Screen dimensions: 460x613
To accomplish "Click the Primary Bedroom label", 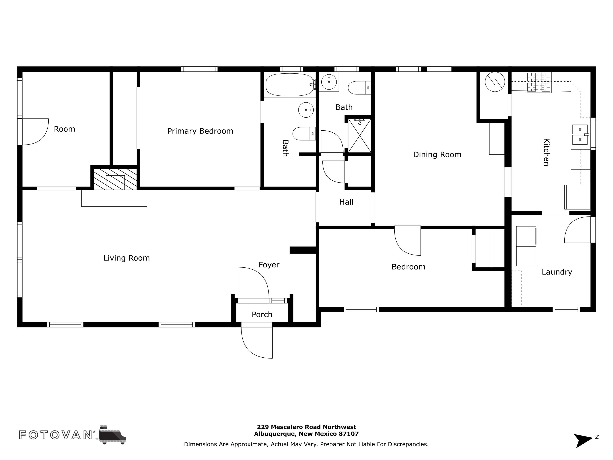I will tap(200, 131).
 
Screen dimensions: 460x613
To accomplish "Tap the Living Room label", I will tap(127, 258).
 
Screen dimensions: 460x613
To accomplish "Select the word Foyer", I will tap(269, 265).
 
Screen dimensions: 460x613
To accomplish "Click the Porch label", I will tap(262, 314).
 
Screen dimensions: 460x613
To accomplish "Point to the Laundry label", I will tap(557, 272).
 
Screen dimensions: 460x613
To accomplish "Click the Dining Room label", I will tap(437, 155).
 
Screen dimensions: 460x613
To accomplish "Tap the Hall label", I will tap(346, 202).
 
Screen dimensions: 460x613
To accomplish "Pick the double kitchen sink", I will tap(580, 135).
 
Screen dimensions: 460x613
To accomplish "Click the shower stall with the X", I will tap(359, 136).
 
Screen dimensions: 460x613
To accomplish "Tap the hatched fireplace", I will tap(115, 179).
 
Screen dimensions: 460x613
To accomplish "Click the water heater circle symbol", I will tap(495, 82).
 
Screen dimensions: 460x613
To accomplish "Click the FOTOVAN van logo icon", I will tap(112, 434).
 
